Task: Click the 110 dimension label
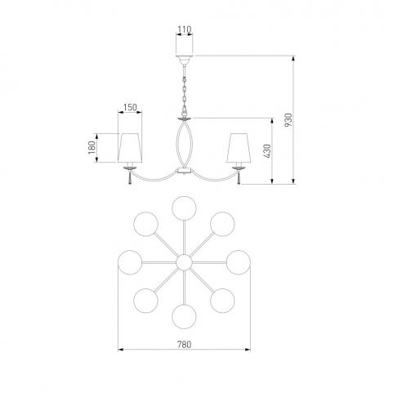click(x=185, y=29)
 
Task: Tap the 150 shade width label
click(x=130, y=107)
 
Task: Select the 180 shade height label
click(x=92, y=147)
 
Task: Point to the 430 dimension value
click(x=267, y=151)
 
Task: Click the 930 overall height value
click(x=288, y=120)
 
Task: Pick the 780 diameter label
click(x=185, y=345)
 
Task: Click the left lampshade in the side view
click(x=130, y=148)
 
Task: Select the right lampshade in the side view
click(x=239, y=148)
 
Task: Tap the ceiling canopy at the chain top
click(x=185, y=60)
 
